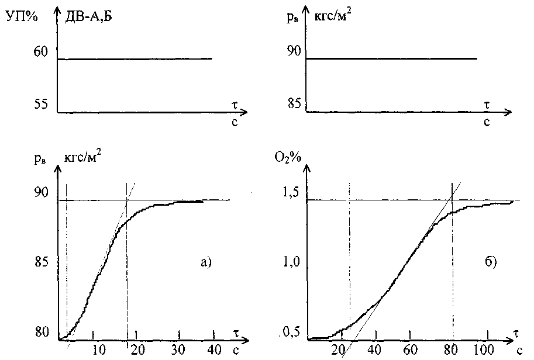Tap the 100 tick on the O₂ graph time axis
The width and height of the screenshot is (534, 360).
pos(483,349)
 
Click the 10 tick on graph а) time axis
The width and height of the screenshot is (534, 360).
pos(97,349)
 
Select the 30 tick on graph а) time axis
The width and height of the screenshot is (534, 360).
pos(175,349)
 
